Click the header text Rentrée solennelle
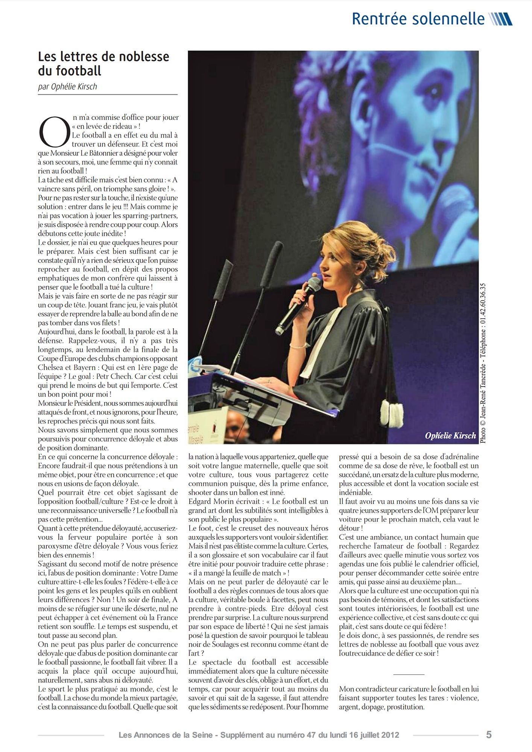coord(418,19)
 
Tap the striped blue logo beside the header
coord(500,19)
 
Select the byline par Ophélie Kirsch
coord(68,87)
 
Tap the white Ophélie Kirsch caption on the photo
coord(450,435)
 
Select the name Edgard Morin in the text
coord(209,501)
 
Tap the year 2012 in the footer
coord(389,735)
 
